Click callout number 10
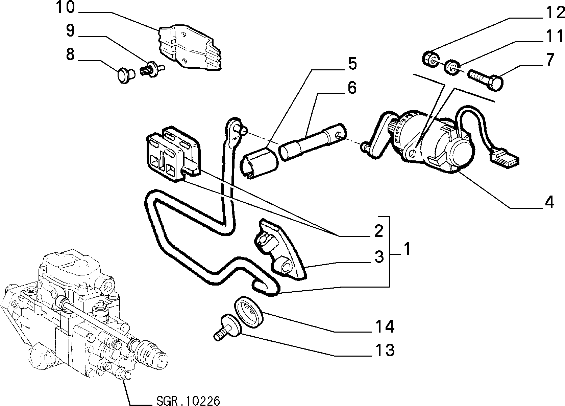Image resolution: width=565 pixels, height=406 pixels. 66,7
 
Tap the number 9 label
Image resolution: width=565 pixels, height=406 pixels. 71,31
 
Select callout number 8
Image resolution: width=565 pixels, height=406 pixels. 70,54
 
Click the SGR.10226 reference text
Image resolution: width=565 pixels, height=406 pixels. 188,401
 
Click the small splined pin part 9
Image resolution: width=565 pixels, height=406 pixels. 152,68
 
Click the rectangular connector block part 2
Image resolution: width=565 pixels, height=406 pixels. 173,154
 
